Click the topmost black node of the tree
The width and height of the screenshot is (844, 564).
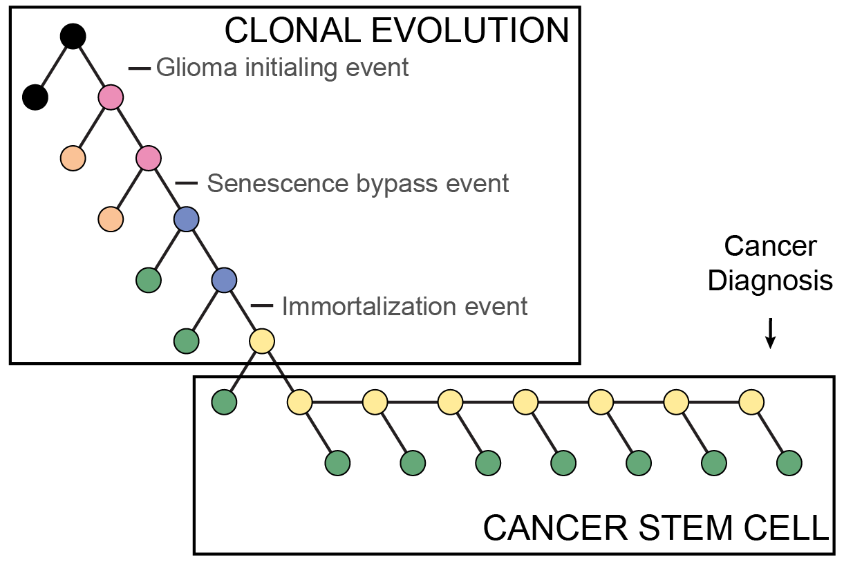coord(73,37)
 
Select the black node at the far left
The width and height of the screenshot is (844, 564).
coord(35,97)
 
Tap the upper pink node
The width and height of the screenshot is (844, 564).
coord(110,97)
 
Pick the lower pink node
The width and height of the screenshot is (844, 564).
coord(148,158)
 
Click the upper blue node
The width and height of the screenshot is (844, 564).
coord(186,219)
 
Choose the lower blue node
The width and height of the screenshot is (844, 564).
coord(224,280)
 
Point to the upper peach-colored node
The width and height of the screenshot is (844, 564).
coord(73,158)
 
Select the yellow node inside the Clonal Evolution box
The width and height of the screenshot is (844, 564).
coord(261,341)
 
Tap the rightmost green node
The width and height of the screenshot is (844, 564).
coord(789,462)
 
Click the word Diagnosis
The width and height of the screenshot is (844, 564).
coord(770,281)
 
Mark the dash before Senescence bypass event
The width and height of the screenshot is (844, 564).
coord(187,184)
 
